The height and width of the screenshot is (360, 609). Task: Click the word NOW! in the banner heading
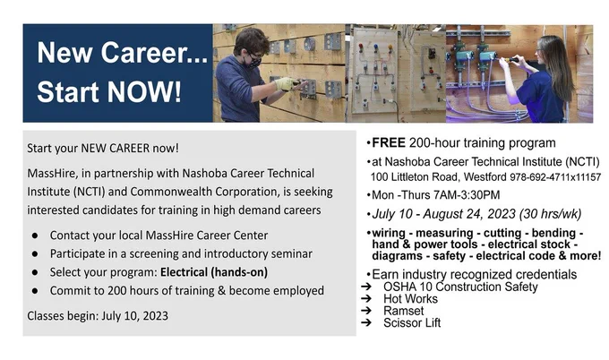[x=144, y=91]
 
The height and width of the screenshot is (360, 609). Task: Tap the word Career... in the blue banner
[x=155, y=53]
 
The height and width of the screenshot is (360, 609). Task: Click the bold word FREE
[x=389, y=143]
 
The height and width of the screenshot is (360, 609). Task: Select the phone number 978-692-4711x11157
[x=555, y=177]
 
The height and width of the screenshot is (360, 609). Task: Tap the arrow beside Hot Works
[x=366, y=298]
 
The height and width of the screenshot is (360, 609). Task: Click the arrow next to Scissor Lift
[x=366, y=322]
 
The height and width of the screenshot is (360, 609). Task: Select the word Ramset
[x=404, y=311]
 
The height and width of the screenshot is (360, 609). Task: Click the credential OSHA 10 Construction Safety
[x=460, y=287]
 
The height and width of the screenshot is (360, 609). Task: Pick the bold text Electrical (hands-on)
[x=214, y=272]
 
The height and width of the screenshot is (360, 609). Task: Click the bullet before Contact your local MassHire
[x=35, y=236]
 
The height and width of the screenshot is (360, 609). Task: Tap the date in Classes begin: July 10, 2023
[x=134, y=316]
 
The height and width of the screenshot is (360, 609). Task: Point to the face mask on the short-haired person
[x=254, y=61]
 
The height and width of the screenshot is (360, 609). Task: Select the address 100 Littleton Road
[x=414, y=177]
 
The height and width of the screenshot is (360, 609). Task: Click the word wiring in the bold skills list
[x=389, y=234]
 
